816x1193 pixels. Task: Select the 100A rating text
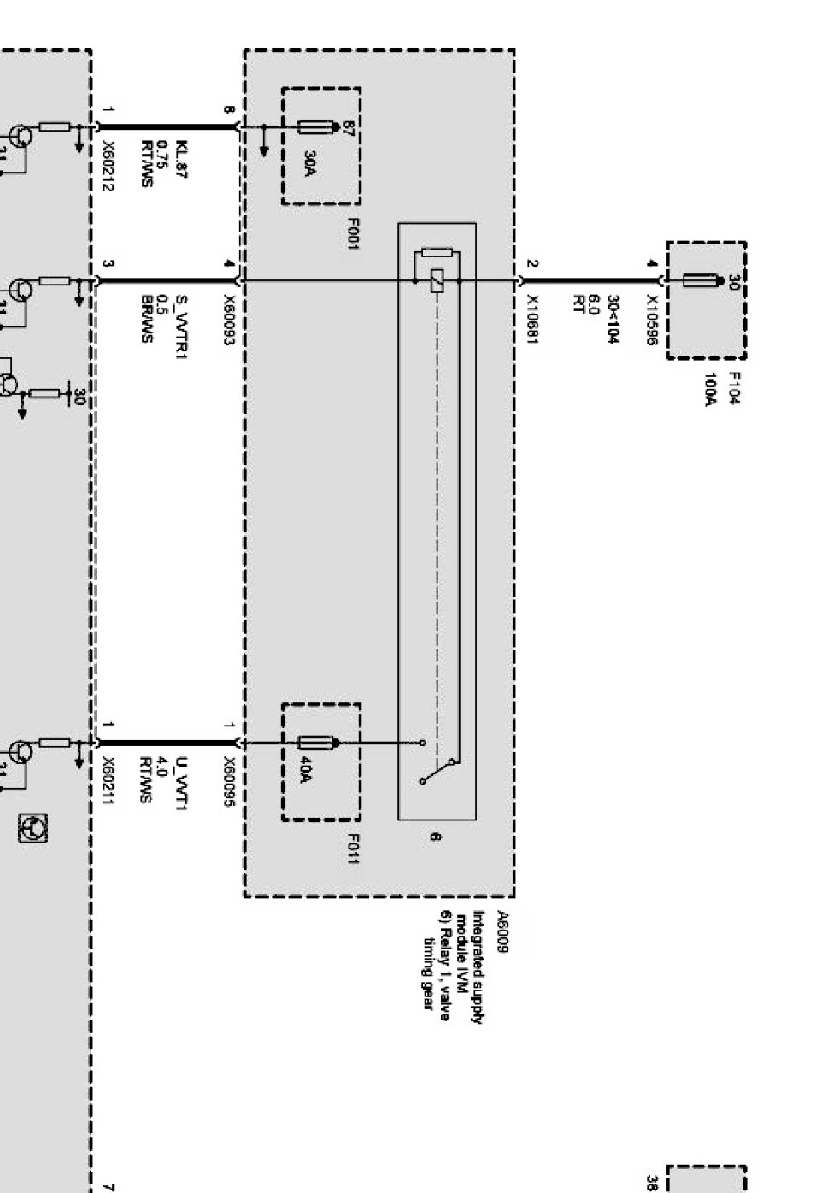(709, 389)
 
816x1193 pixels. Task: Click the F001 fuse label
(352, 234)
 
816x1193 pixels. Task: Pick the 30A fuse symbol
(315, 128)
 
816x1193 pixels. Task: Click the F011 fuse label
(352, 848)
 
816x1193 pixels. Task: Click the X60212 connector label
(108, 166)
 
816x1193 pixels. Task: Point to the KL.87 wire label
(180, 159)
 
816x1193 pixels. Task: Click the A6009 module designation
(503, 932)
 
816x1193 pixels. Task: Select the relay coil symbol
(437, 280)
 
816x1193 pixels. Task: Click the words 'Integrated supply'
(484, 966)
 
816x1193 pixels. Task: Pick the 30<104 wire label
(613, 320)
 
